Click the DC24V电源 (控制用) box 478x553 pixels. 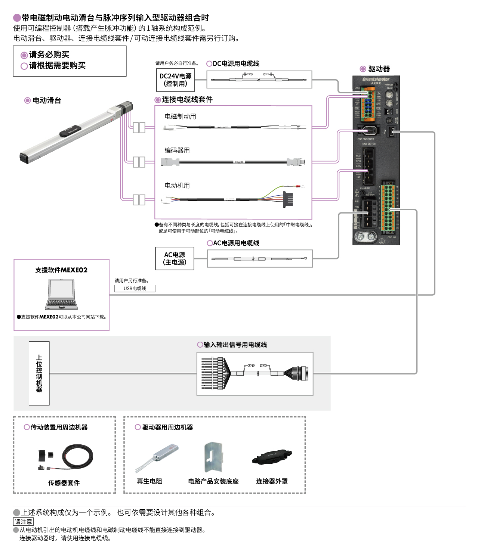(x=175, y=80)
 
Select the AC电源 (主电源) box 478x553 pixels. (x=175, y=258)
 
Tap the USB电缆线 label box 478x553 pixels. (x=135, y=288)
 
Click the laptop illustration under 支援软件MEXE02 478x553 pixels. (x=62, y=295)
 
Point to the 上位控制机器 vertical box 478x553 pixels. (x=39, y=373)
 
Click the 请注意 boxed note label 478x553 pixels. (x=23, y=522)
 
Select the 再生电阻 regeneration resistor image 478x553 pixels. (x=157, y=457)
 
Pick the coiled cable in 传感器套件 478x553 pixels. (x=78, y=456)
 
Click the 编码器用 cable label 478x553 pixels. (x=177, y=150)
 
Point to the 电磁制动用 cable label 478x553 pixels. (x=180, y=116)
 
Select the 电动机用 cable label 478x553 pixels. (x=177, y=186)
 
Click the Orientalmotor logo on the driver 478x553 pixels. (x=376, y=79)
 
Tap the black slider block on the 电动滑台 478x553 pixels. (x=70, y=131)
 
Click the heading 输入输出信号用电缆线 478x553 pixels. (x=235, y=345)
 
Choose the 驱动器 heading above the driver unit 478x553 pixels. (x=379, y=69)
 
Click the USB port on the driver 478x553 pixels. (x=391, y=131)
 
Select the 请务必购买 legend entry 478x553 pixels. (x=49, y=55)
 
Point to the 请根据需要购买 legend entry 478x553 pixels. (x=57, y=66)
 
